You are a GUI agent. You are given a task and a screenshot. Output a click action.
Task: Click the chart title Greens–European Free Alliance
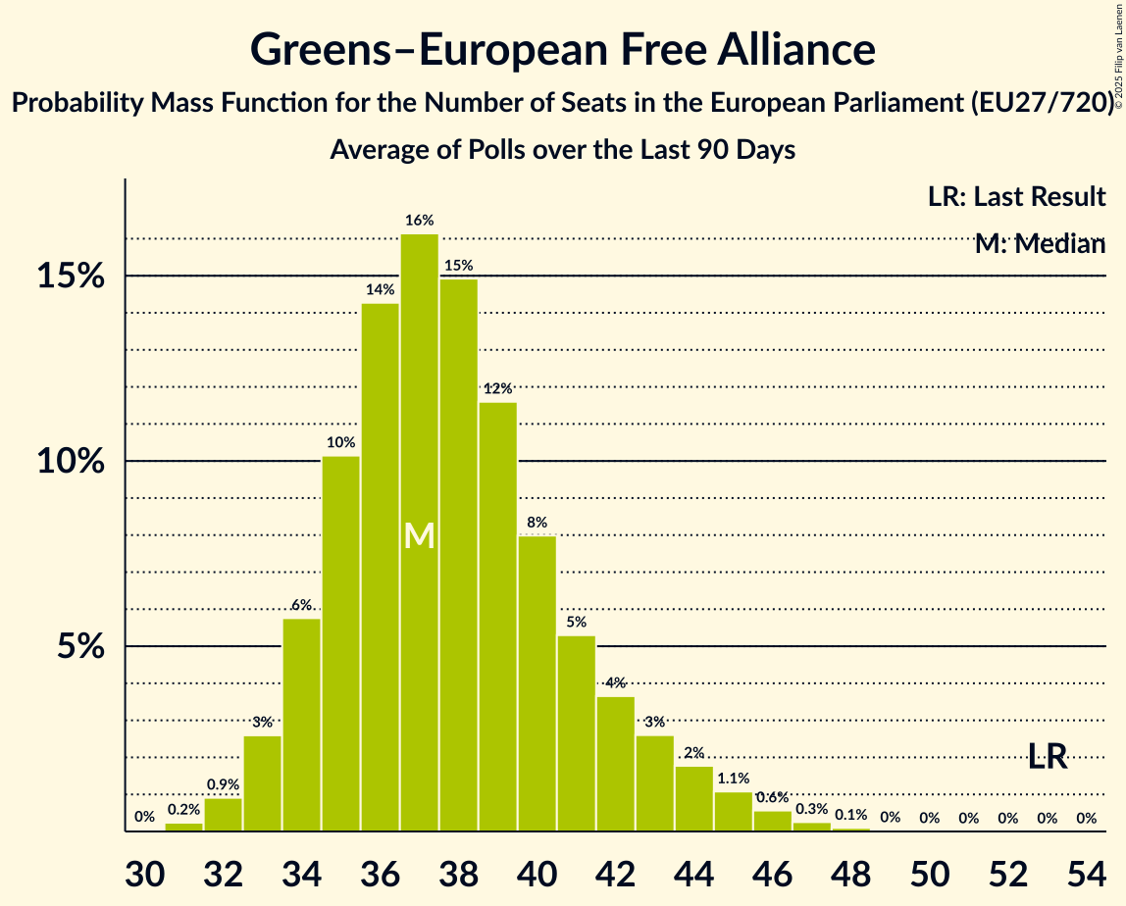[562, 49]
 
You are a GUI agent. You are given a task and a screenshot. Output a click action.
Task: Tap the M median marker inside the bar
[420, 535]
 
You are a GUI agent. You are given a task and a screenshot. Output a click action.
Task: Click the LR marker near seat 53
[1048, 756]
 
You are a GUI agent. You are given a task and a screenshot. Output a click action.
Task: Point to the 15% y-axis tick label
[71, 277]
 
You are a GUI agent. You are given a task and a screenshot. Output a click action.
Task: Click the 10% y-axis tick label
[71, 461]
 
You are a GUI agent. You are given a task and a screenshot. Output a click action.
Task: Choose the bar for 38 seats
[459, 555]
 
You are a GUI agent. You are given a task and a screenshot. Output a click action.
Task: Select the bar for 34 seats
[302, 725]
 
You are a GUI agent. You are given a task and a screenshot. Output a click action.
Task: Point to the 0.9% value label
[224, 784]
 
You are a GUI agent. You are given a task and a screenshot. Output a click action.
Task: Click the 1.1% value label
[734, 779]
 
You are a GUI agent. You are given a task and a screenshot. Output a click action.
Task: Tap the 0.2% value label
[184, 810]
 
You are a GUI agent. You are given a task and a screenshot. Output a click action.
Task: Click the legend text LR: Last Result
[1016, 197]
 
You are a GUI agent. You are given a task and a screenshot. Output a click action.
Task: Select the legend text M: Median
[1040, 243]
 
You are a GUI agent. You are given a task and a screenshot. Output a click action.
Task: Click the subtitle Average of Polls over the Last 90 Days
[562, 150]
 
